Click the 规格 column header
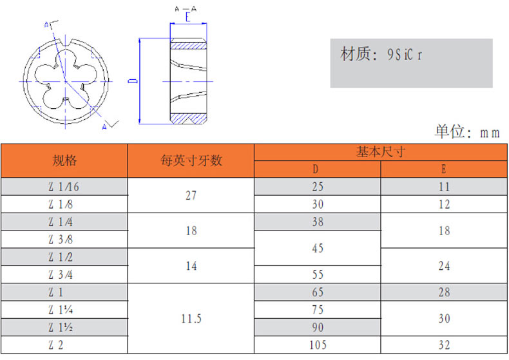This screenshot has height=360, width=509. (64, 160)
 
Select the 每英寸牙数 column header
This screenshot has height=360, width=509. (191, 160)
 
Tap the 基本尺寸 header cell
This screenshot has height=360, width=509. (380, 152)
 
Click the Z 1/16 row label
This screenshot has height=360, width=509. (64, 187)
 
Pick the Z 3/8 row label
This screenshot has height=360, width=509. (61, 240)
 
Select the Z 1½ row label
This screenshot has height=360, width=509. (61, 328)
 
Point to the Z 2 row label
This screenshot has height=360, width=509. (56, 345)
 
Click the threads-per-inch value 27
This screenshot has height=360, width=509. (191, 196)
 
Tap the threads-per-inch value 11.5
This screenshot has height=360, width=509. (191, 319)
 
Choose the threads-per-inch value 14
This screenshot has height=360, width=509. (191, 266)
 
